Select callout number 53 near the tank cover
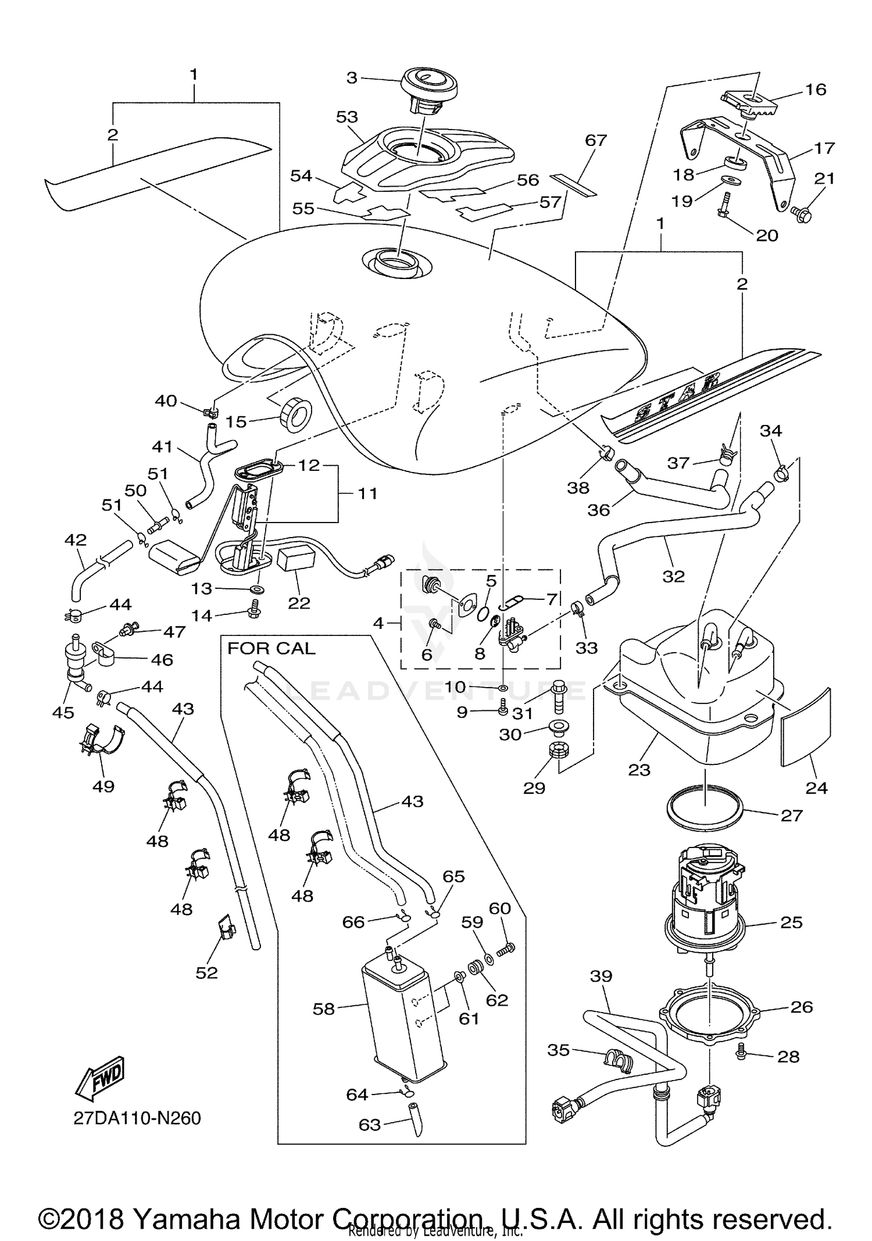click(347, 117)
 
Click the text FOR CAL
click(271, 648)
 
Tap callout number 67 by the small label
click(596, 140)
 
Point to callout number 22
click(299, 603)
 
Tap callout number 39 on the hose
click(601, 976)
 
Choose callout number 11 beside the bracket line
click(367, 493)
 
